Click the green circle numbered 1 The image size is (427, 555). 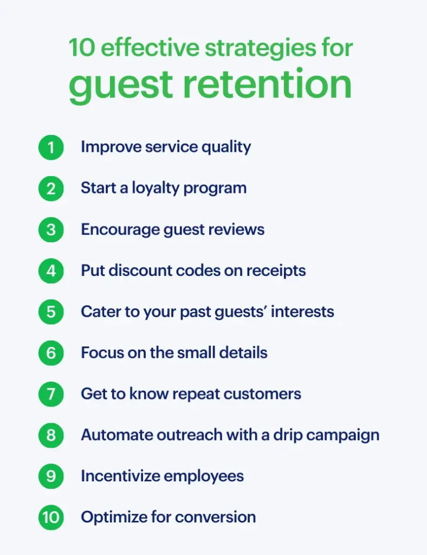click(51, 147)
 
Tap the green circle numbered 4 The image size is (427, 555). click(51, 270)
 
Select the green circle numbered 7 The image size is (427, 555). click(51, 393)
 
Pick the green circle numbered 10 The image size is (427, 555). click(51, 517)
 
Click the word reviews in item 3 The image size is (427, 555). click(238, 229)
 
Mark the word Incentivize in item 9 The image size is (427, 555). click(120, 476)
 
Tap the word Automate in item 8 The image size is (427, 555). click(112, 435)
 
